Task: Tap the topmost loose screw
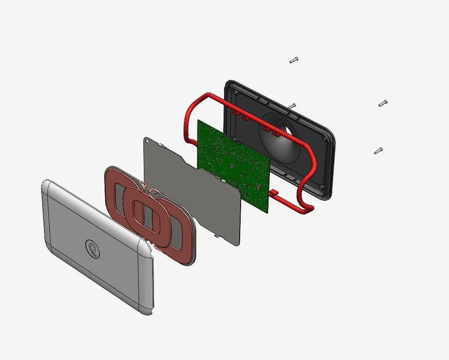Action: tap(294, 60)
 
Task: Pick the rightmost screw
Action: tap(383, 103)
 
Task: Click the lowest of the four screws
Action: tap(378, 151)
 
